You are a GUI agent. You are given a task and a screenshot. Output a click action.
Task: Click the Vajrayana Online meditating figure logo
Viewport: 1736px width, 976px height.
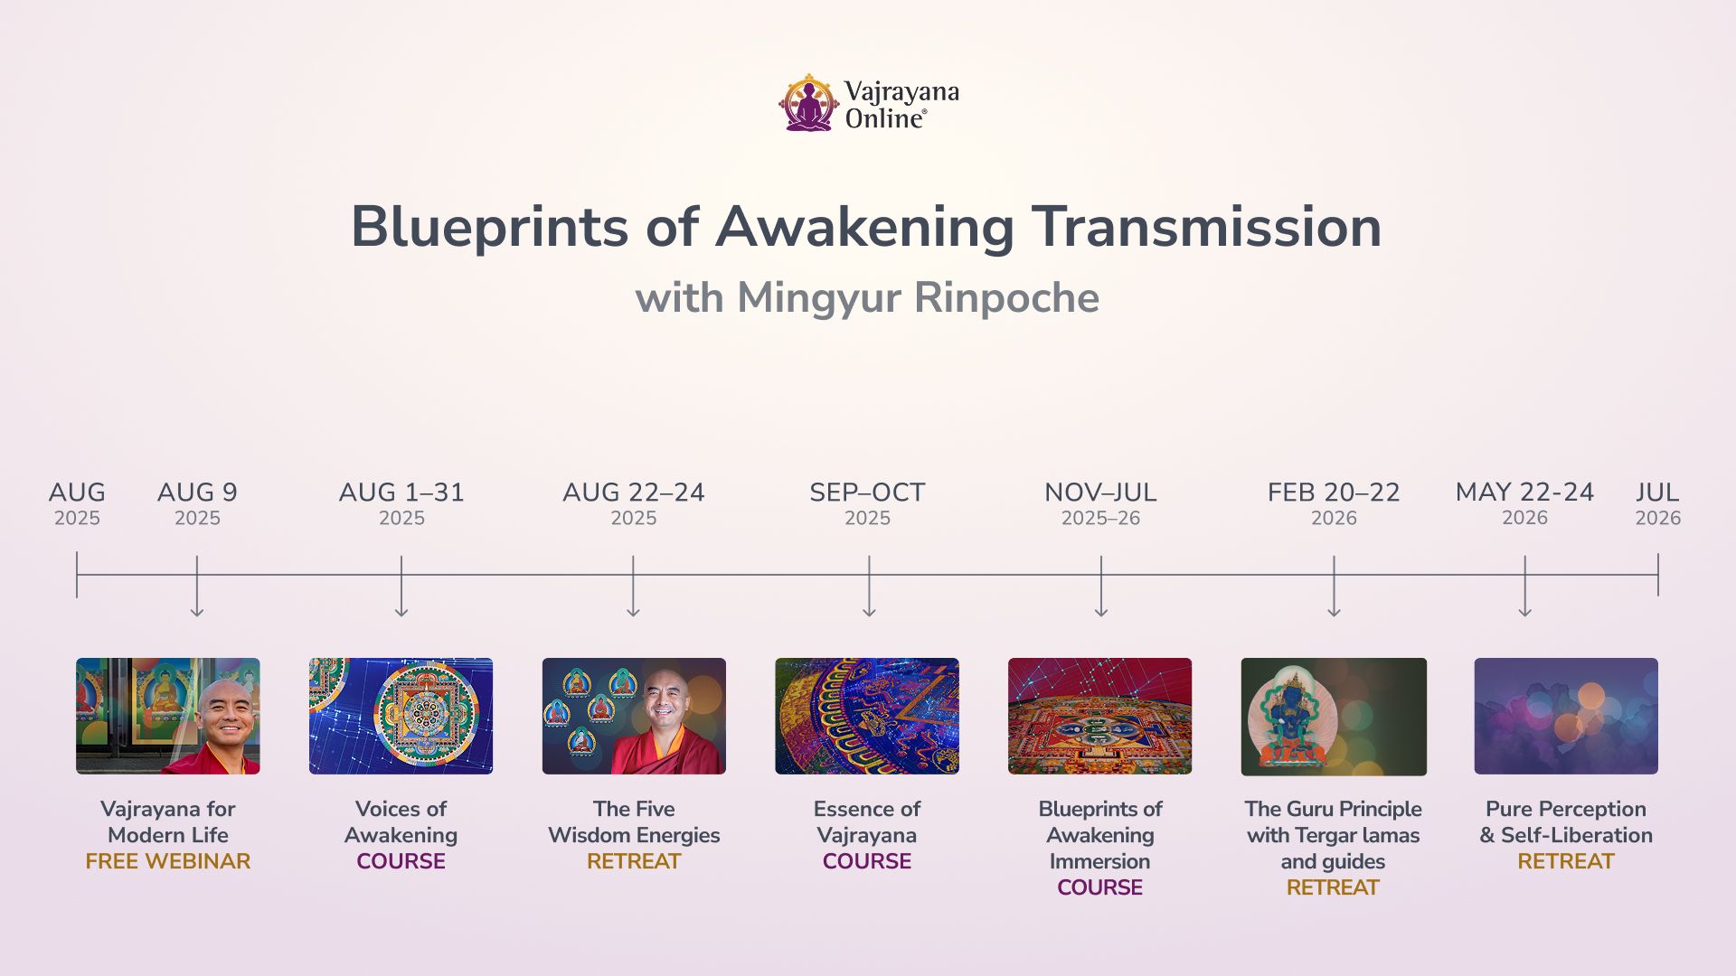click(x=809, y=103)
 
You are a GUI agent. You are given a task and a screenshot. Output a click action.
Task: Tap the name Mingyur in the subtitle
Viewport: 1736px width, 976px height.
click(x=819, y=298)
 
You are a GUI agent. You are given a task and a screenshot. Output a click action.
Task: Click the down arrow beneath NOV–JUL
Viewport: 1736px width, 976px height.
click(x=1101, y=587)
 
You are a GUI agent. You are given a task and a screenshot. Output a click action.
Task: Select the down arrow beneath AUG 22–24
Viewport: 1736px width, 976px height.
click(x=633, y=587)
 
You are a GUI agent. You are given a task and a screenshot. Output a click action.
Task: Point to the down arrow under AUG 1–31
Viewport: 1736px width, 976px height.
click(x=401, y=587)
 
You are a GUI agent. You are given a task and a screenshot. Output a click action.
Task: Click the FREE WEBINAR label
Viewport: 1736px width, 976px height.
click(x=168, y=861)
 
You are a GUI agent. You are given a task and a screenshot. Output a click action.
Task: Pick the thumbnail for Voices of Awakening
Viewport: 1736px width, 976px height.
click(x=401, y=716)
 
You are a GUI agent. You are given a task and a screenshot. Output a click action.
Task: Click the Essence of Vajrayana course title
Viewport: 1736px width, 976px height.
click(x=867, y=821)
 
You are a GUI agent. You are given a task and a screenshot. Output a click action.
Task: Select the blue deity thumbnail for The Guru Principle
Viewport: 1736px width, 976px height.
click(x=1334, y=717)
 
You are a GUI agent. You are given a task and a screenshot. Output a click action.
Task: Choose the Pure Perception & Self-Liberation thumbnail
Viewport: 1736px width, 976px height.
click(x=1566, y=716)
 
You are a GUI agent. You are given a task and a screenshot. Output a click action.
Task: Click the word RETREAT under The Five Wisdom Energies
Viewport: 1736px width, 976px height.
click(x=634, y=861)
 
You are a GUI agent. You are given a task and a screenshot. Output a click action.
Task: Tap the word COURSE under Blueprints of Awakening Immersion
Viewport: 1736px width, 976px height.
click(x=1100, y=887)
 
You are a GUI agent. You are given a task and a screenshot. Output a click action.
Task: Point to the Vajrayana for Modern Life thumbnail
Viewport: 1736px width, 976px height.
click(x=168, y=716)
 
